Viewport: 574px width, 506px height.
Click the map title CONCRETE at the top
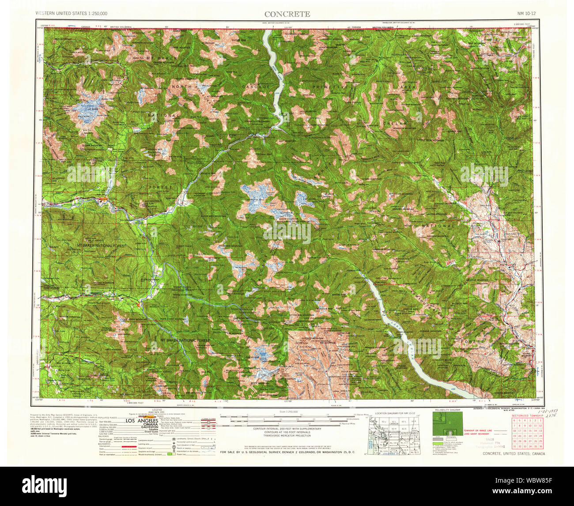point(287,14)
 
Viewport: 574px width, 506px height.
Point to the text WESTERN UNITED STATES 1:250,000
point(71,14)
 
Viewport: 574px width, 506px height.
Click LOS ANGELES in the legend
point(142,421)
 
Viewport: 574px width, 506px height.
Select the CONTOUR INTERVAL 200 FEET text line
point(287,429)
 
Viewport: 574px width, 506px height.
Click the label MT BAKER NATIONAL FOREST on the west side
point(101,245)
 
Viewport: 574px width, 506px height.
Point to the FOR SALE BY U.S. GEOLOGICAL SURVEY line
point(287,452)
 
